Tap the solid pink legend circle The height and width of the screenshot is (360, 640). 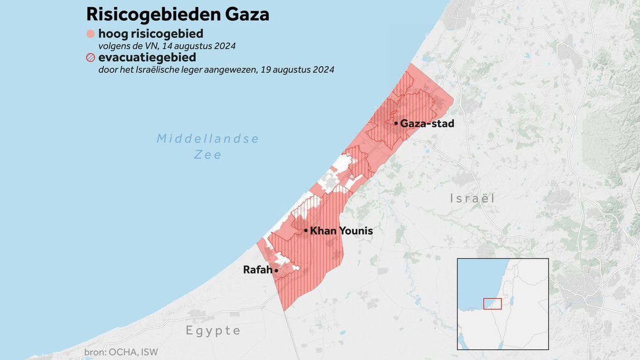tap(90, 35)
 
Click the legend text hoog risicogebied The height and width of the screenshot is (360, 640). tap(150, 34)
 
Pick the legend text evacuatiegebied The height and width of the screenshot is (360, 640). tap(147, 58)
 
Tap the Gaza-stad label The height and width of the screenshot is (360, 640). tap(427, 123)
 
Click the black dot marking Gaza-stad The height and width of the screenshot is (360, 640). tap(396, 123)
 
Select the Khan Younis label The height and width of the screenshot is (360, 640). tap(341, 231)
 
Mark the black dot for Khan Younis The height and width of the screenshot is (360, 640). tap(306, 231)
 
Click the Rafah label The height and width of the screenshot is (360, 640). tap(258, 270)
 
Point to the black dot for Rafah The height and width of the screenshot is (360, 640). tap(276, 270)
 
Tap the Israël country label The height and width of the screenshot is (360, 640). tap(472, 198)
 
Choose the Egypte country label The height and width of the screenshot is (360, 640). tap(213, 331)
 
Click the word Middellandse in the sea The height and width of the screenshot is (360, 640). tap(207, 139)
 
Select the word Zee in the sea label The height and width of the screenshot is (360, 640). tap(207, 155)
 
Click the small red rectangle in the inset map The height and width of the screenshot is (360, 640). tap(492, 303)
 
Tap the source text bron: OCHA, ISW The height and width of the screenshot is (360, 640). tap(121, 353)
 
